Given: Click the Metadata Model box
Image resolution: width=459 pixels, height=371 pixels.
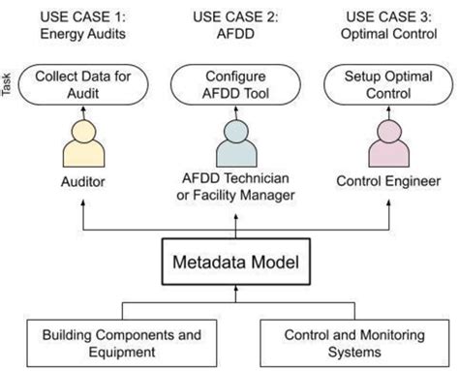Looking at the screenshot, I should (229, 262).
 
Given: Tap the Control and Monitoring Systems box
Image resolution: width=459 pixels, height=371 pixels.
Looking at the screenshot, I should (351, 343).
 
